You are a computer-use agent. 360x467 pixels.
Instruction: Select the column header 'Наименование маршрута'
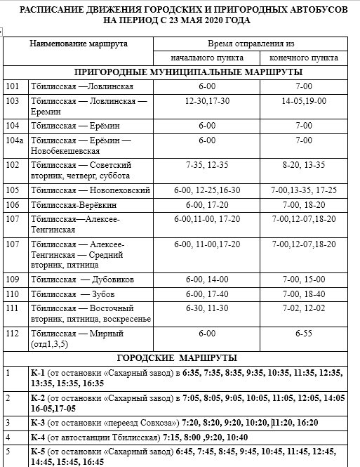[79, 44]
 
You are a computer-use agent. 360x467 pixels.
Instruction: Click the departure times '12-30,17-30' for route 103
[206, 101]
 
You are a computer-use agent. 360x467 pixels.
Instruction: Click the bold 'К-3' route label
[39, 423]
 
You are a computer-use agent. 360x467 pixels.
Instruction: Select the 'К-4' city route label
[39, 437]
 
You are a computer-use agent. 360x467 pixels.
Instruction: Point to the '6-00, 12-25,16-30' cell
[206, 190]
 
